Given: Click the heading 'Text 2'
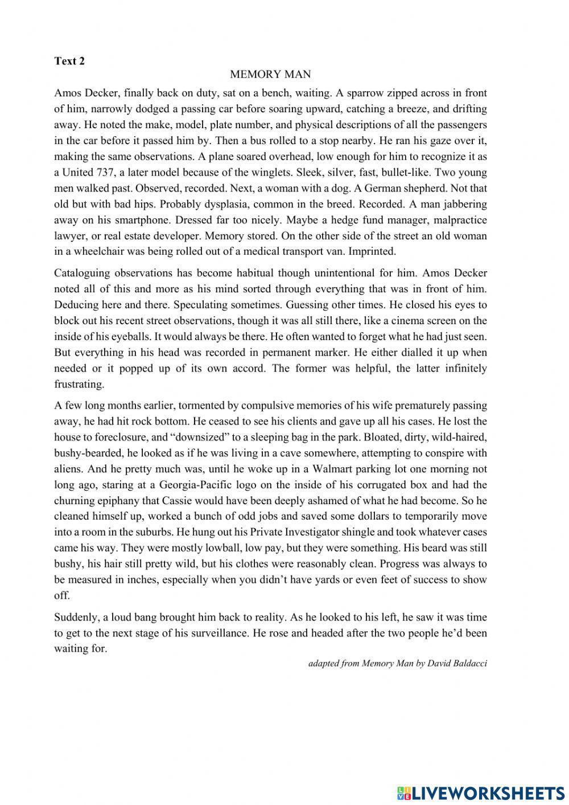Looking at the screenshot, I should tap(69, 62).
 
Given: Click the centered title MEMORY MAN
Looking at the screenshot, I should tap(270, 75).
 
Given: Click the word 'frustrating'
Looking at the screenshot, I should tap(79, 384).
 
